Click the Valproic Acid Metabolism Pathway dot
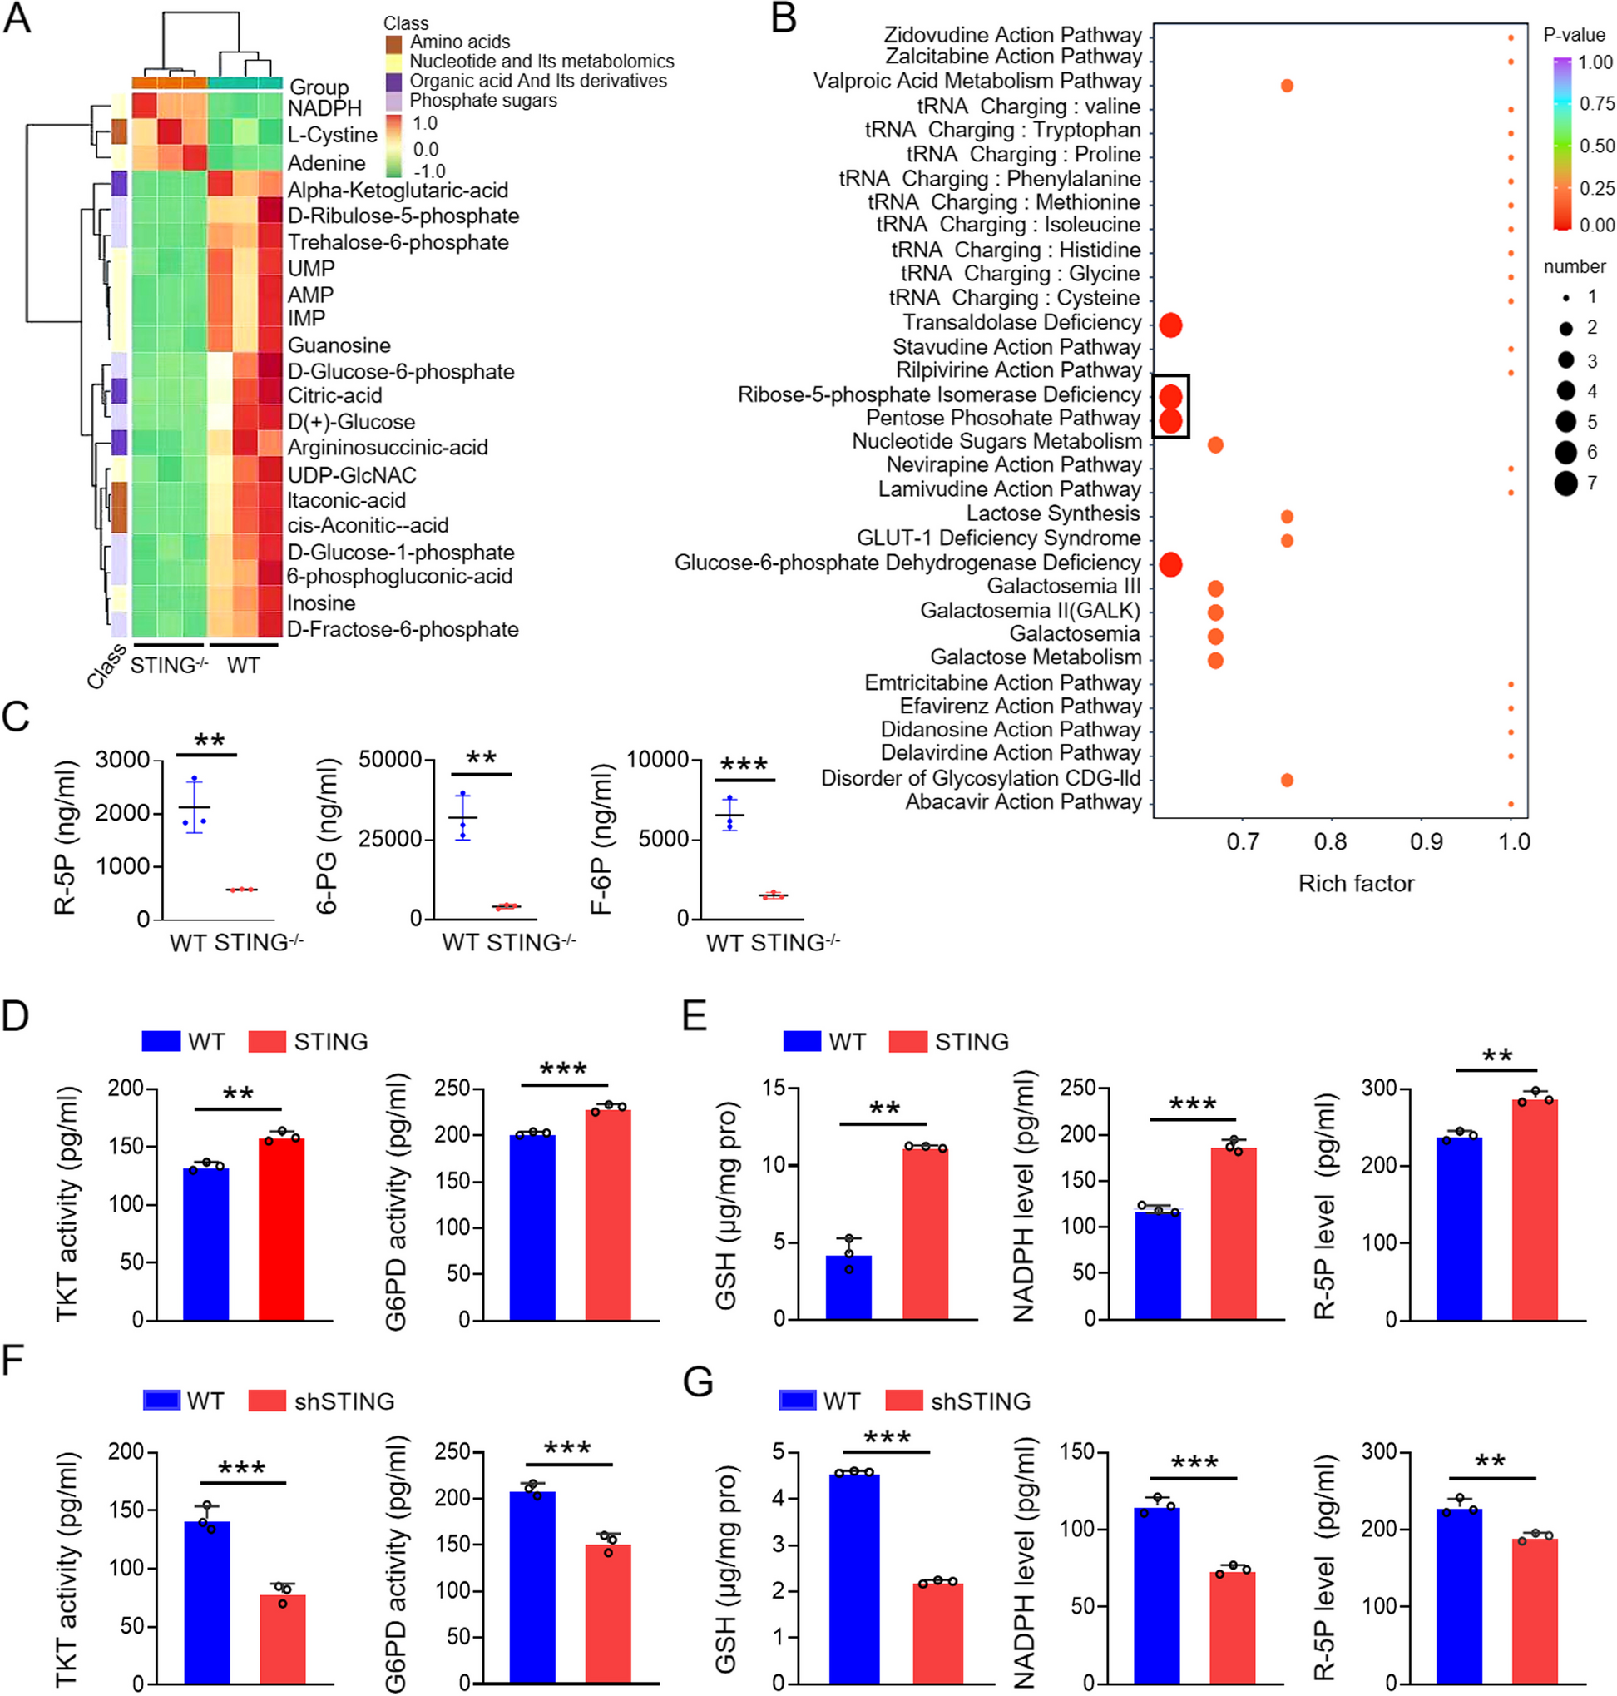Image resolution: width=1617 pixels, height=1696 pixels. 1286,86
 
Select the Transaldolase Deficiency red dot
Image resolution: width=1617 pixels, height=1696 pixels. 1169,325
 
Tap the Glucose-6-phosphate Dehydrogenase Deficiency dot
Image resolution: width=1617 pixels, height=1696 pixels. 1169,565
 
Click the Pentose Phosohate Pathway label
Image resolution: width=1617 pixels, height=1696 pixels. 1002,419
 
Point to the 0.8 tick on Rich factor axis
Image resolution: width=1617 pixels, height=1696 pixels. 1331,841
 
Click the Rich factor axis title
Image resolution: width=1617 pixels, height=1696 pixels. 1356,884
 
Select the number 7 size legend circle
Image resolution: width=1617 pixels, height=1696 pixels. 1565,483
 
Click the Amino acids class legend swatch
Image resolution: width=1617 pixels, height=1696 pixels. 394,42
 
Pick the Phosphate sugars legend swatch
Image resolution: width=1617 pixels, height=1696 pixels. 394,101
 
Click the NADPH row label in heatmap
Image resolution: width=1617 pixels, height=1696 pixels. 324,109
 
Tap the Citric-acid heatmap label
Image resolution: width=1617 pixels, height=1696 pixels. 334,396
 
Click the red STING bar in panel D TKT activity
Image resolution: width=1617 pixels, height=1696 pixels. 281,1228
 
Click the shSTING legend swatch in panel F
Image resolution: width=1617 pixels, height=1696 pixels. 266,1401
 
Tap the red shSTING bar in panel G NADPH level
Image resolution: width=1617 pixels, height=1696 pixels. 1233,1626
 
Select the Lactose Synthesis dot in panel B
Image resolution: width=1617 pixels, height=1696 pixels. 1286,517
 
